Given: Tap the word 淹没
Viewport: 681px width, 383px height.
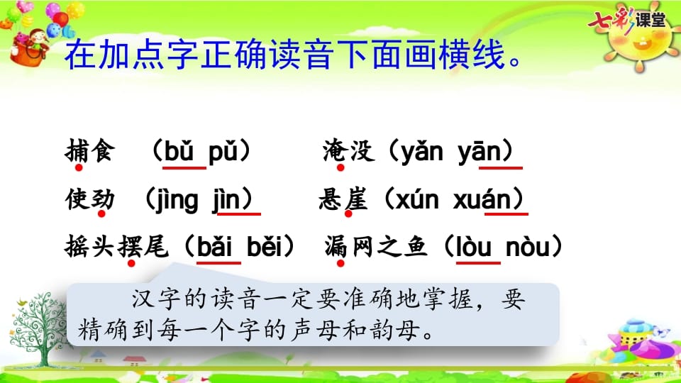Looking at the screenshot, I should (x=348, y=152).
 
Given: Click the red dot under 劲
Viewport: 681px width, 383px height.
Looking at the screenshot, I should (x=102, y=214).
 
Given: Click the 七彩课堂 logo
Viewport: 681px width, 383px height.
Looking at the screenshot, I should (x=627, y=20).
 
